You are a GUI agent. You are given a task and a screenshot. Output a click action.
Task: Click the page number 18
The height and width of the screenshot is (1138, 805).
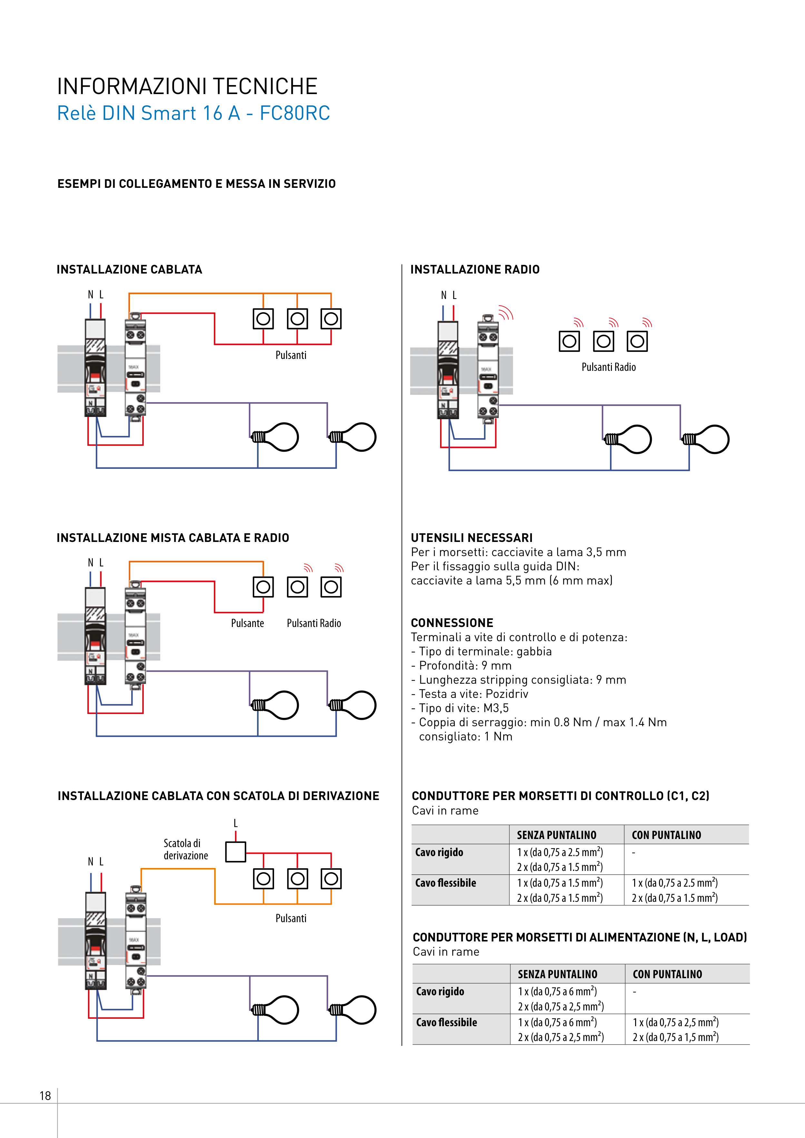point(45,1095)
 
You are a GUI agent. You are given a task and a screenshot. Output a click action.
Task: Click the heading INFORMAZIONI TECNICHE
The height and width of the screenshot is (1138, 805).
point(187,86)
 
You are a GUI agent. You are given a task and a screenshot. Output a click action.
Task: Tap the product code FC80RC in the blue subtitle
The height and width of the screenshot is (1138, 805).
point(295,113)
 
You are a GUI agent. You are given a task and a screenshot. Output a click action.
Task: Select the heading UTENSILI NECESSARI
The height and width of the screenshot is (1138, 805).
point(471,538)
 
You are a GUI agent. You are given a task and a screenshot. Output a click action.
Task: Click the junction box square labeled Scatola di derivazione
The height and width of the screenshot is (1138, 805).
point(236,852)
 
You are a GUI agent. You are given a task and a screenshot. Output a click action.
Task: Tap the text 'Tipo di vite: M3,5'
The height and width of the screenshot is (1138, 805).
point(464,708)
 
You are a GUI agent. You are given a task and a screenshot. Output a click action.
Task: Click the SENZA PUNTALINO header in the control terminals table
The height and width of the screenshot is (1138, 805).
point(556,835)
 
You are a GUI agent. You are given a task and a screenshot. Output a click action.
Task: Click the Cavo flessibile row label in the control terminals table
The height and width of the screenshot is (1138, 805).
point(446,883)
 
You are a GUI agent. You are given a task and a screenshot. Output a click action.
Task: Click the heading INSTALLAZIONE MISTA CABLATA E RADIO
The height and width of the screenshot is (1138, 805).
point(172,538)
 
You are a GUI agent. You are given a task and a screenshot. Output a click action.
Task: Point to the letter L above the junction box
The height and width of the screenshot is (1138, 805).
point(236,823)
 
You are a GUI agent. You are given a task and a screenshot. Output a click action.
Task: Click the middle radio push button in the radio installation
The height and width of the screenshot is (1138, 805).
point(604,341)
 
